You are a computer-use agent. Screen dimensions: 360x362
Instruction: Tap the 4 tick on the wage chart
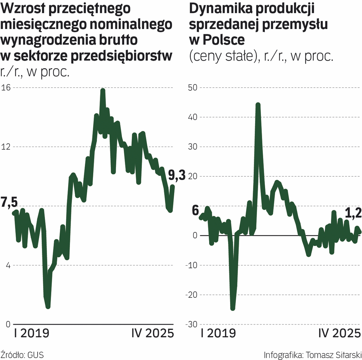(7, 265)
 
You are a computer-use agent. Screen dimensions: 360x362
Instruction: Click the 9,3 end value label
(177, 175)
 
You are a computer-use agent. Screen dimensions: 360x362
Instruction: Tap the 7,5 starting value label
(9, 202)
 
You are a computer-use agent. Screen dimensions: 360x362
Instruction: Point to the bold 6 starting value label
(195, 211)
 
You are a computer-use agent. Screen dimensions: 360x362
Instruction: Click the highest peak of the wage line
(103, 90)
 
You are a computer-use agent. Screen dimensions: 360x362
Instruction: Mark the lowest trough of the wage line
(48, 306)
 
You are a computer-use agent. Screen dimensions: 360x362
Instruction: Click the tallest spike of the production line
(258, 105)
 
